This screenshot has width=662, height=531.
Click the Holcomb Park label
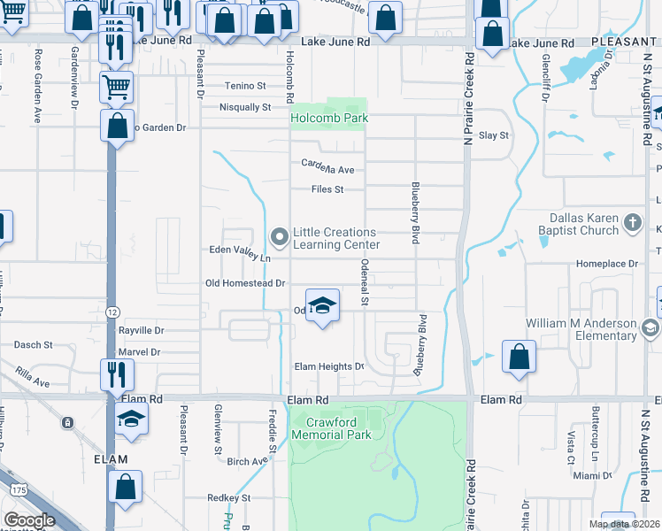click(x=330, y=118)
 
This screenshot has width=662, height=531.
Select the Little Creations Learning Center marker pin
click(x=280, y=236)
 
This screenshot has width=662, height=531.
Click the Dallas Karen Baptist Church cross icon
click(x=633, y=224)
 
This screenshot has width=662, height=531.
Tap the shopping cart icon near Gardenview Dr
click(x=116, y=87)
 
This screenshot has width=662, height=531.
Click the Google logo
click(x=29, y=520)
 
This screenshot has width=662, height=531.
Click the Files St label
click(x=327, y=189)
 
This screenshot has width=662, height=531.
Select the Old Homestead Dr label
click(x=244, y=283)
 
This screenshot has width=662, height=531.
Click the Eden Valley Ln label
click(x=238, y=255)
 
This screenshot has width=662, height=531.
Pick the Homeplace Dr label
click(x=607, y=264)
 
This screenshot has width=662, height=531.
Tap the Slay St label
click(x=494, y=135)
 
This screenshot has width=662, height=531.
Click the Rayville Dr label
click(x=142, y=330)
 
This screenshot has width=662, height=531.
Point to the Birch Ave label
click(x=247, y=461)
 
